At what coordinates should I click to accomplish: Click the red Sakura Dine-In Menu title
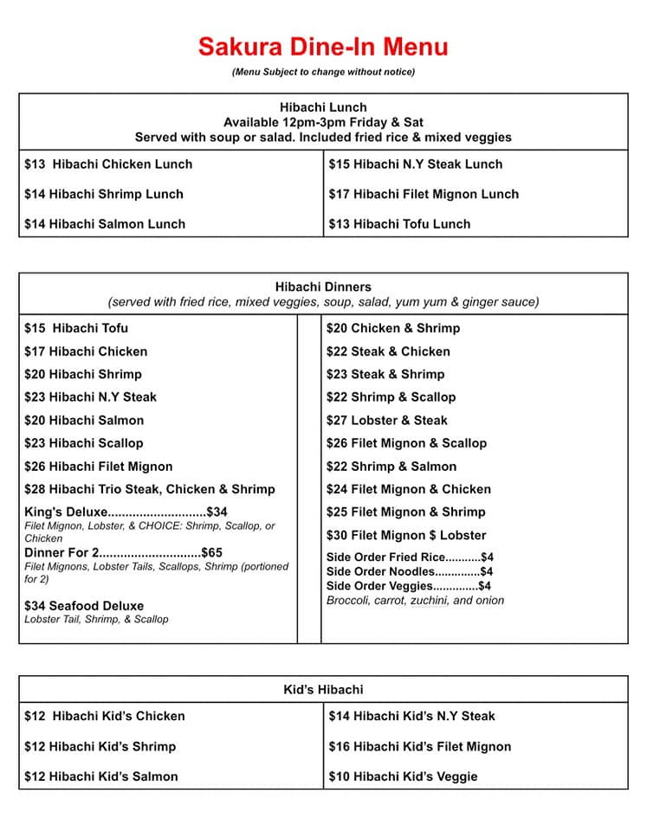pyautogui.click(x=323, y=46)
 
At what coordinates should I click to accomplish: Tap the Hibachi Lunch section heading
pyautogui.click(x=323, y=107)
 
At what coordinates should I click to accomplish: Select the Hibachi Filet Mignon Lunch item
pyautogui.click(x=424, y=194)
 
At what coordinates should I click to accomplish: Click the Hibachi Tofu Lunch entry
pyautogui.click(x=399, y=223)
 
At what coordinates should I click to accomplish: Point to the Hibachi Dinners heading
pyautogui.click(x=323, y=287)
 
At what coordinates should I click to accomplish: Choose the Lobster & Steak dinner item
pyautogui.click(x=387, y=420)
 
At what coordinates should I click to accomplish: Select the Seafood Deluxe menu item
pyautogui.click(x=84, y=606)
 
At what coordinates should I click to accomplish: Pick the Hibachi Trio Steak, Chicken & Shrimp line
pyautogui.click(x=150, y=489)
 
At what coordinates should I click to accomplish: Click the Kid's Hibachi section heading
pyautogui.click(x=323, y=690)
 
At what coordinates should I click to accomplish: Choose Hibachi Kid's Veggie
pyautogui.click(x=403, y=776)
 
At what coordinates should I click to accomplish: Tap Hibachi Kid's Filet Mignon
pyautogui.click(x=420, y=746)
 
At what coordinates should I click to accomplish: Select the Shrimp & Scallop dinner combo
pyautogui.click(x=391, y=396)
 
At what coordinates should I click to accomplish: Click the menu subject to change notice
pyautogui.click(x=323, y=72)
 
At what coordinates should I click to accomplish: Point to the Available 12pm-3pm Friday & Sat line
pyautogui.click(x=323, y=122)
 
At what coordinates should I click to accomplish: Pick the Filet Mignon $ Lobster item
pyautogui.click(x=406, y=535)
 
